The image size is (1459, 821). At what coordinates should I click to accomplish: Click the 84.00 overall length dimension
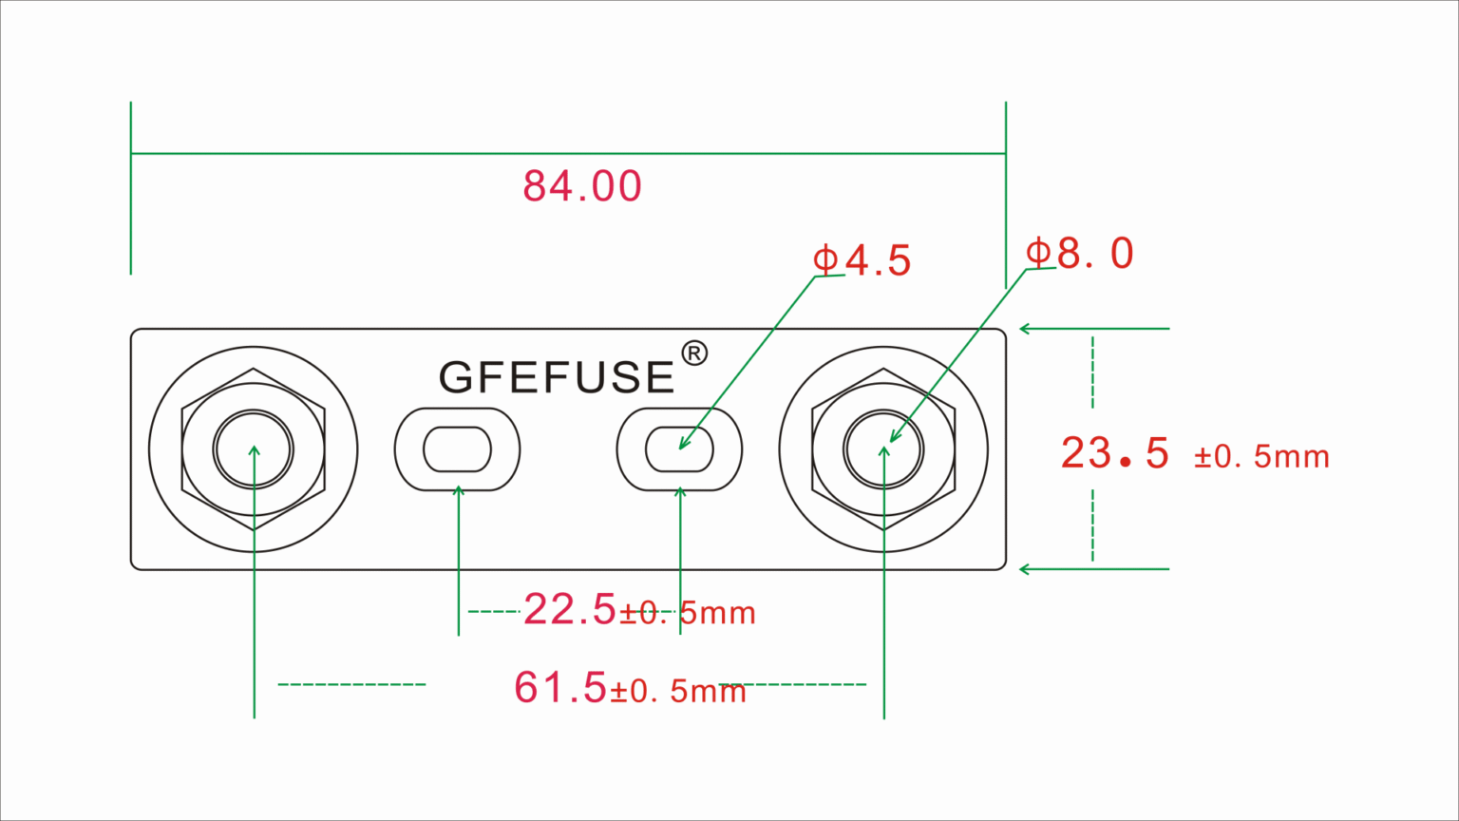click(582, 186)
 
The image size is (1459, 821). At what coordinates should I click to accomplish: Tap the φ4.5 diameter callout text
click(862, 260)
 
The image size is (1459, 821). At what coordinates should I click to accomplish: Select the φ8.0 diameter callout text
click(1079, 254)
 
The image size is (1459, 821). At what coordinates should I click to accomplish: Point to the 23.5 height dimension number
click(1115, 453)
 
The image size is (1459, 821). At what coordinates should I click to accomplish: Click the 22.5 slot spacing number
click(569, 609)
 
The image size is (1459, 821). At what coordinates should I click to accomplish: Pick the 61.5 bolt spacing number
click(559, 687)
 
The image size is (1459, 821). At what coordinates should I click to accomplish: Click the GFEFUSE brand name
click(557, 377)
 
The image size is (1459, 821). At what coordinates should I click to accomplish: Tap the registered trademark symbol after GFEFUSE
click(694, 353)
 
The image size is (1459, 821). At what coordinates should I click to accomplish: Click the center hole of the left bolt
click(254, 449)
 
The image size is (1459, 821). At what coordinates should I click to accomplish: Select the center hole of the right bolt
click(883, 449)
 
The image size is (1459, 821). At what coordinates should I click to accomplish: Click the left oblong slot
click(457, 449)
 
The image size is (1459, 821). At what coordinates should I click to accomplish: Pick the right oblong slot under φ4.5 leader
click(679, 449)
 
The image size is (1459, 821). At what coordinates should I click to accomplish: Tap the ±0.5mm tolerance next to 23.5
click(1261, 457)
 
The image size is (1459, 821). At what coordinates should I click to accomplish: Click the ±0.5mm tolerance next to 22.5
click(688, 614)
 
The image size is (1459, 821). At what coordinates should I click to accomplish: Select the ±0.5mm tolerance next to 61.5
click(677, 691)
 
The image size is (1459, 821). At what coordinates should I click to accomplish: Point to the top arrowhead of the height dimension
click(1025, 329)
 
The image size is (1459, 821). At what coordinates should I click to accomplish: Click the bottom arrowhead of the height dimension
click(1025, 569)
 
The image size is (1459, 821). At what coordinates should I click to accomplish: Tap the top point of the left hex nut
click(254, 369)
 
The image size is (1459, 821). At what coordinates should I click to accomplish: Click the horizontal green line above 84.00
click(568, 153)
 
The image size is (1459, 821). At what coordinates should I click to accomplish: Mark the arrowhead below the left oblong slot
click(459, 490)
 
